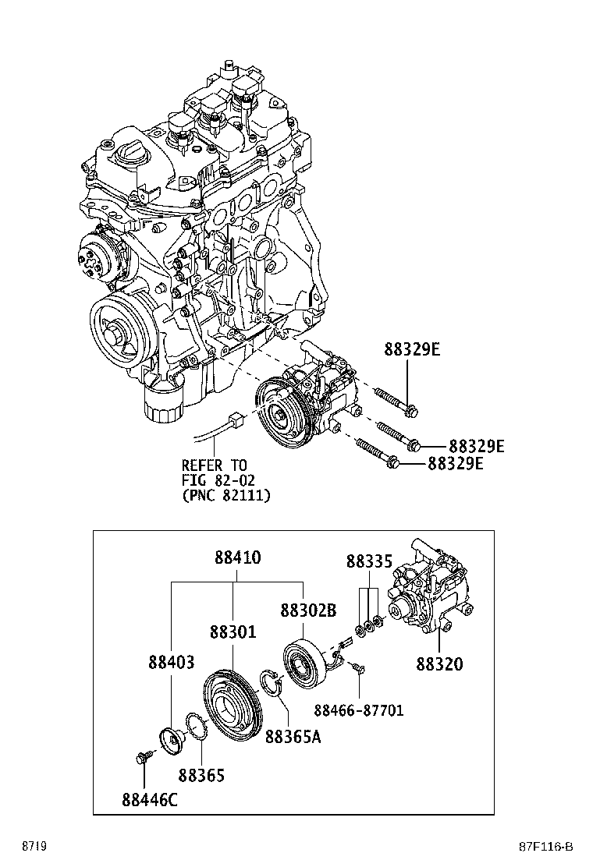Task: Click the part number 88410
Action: click(x=237, y=559)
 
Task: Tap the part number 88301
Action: click(x=232, y=632)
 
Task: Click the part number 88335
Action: click(x=369, y=561)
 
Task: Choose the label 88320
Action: click(x=439, y=664)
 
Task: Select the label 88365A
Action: click(x=293, y=737)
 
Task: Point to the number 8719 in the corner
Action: click(x=34, y=847)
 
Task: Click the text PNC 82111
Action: click(x=226, y=495)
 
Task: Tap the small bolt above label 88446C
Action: click(x=144, y=757)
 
